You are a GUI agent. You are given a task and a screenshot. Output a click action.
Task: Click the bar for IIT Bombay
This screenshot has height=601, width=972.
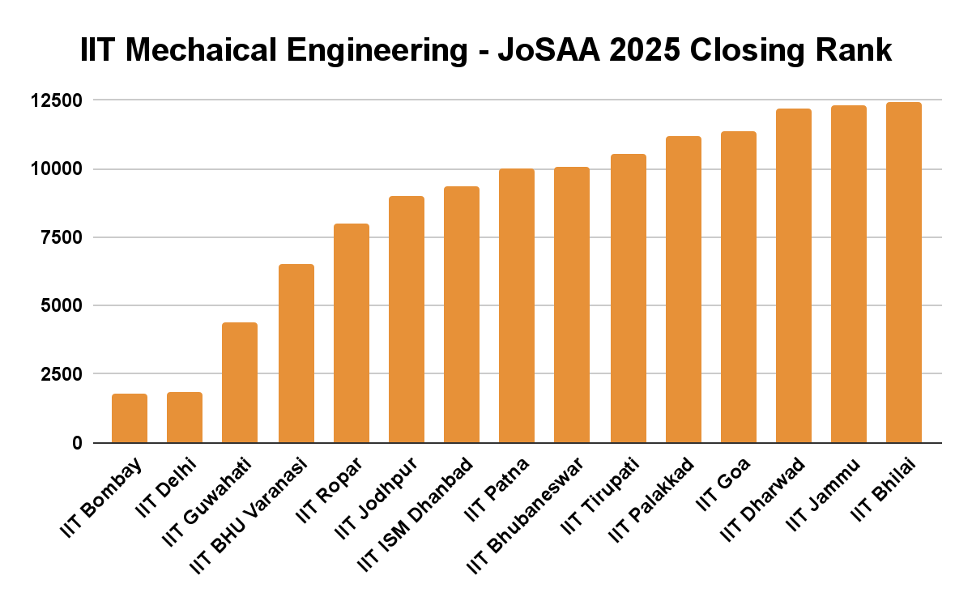coord(130,419)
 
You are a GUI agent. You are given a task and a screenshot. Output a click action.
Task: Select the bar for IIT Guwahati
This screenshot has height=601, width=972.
coord(240,383)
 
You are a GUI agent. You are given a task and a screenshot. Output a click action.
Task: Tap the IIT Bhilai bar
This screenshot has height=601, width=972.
coord(904,273)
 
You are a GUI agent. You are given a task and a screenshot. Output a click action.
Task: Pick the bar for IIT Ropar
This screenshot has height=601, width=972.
coord(352,334)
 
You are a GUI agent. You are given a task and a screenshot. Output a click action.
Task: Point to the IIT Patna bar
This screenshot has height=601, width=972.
coord(517,306)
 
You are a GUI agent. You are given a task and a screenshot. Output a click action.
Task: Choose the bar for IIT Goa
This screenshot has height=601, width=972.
coord(738,288)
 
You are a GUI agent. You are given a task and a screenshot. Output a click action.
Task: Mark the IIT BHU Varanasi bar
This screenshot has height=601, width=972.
coord(296,354)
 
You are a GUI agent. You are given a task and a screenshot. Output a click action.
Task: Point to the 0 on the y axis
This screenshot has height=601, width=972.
coord(76,443)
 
